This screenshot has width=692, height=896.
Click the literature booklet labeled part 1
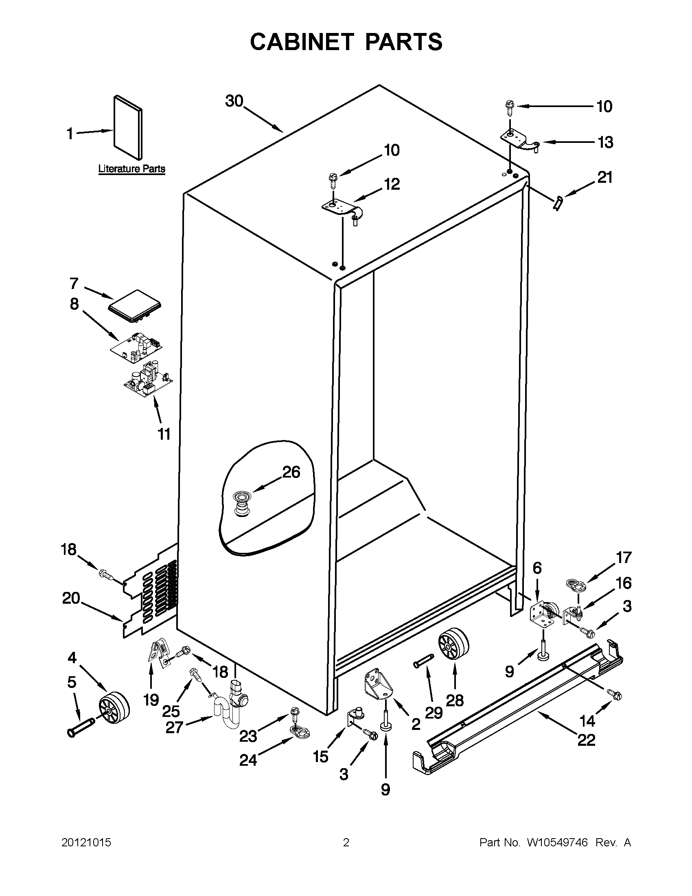click(128, 127)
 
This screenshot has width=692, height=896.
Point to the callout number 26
click(291, 472)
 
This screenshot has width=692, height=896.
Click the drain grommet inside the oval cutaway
click(241, 506)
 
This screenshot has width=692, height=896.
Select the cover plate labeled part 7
click(135, 306)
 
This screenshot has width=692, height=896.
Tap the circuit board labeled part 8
click(136, 347)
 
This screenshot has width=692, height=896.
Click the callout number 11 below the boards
click(164, 434)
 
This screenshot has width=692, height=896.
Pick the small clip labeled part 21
click(557, 203)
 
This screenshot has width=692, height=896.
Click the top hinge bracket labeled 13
click(519, 141)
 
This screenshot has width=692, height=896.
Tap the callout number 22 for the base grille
click(586, 740)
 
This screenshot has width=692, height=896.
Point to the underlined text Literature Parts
click(131, 169)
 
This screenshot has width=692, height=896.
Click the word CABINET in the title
click(302, 42)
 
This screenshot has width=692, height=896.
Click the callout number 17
click(624, 558)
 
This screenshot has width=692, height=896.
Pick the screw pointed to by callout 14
click(615, 694)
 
